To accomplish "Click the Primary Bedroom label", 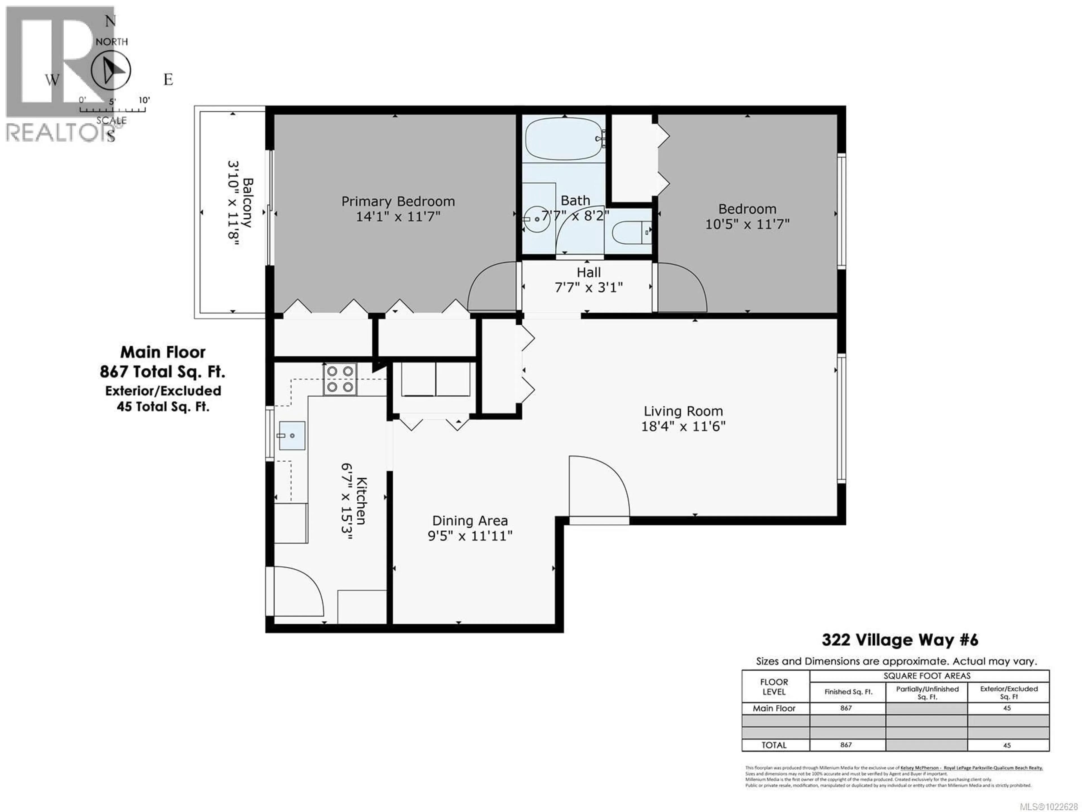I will pos(398,201).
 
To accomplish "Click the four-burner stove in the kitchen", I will pos(340,379).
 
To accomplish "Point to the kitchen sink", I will pos(292,435).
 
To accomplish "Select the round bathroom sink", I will pos(537,219).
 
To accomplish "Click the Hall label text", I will pos(588,273).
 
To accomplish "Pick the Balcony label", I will pos(247,203).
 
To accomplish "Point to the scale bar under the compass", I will pos(112,109).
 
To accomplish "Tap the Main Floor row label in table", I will pos(774,708).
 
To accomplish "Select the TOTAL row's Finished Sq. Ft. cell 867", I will pos(846,745).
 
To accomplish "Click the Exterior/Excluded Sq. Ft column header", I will pos(1008,692).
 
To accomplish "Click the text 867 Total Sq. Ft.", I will pos(162,372).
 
